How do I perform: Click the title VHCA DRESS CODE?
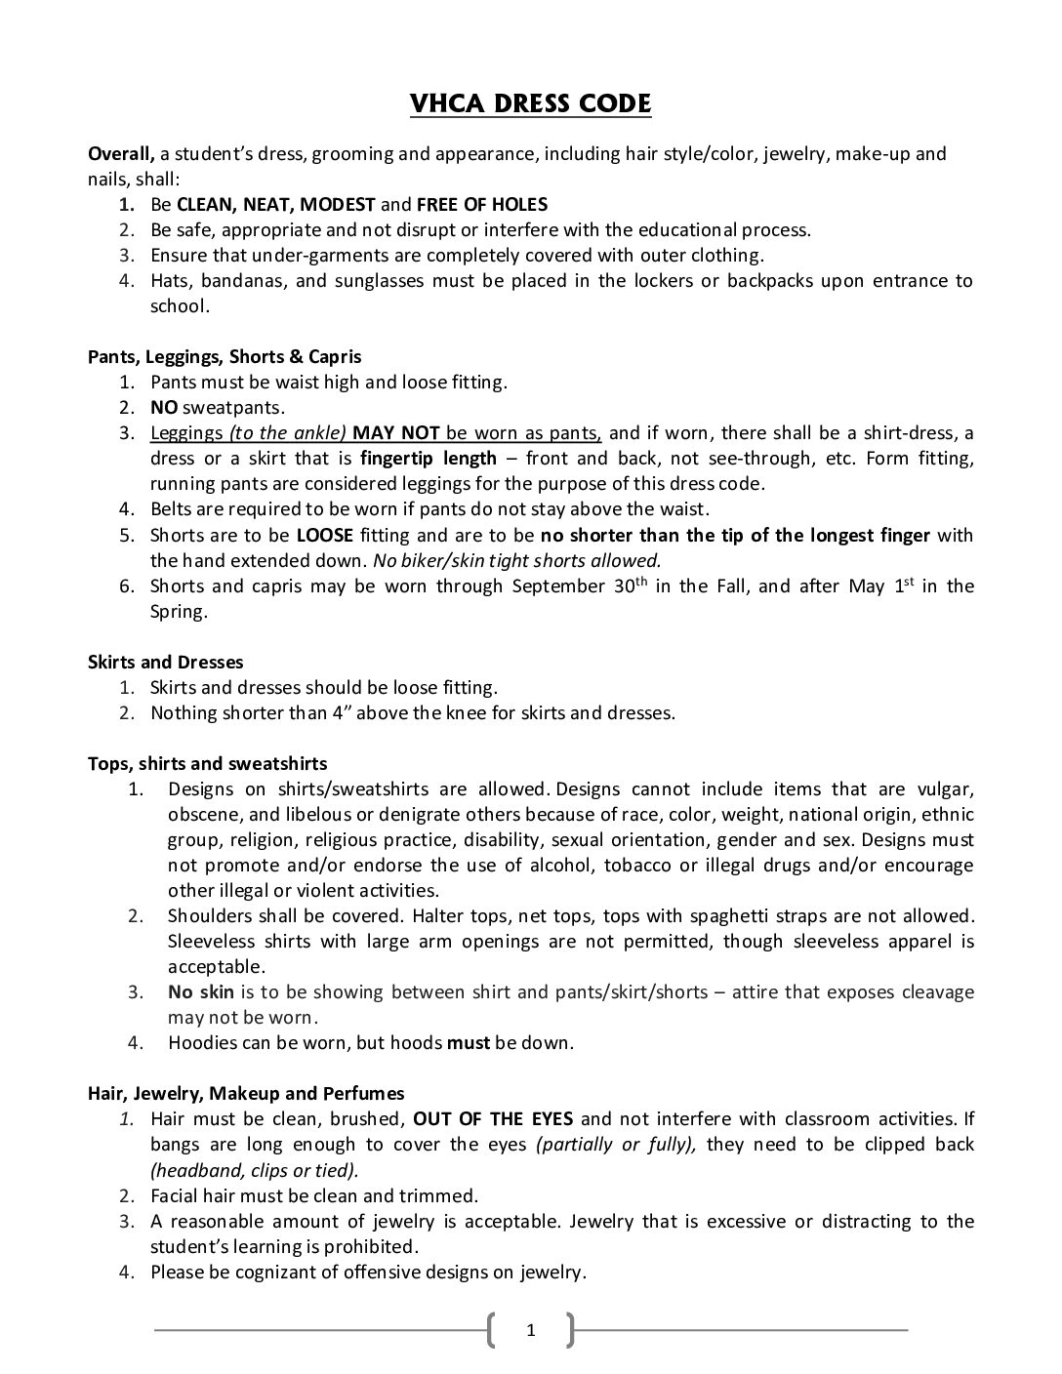(530, 103)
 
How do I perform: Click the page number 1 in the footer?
(530, 1329)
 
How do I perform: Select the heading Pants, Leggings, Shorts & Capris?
(225, 357)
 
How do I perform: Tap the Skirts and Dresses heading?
(166, 663)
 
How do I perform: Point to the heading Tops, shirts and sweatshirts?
(208, 764)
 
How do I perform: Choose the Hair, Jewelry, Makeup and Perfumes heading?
(246, 1094)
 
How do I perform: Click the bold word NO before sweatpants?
(164, 408)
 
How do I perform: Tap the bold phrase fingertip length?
(429, 459)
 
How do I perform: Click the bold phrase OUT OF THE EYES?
(493, 1119)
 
